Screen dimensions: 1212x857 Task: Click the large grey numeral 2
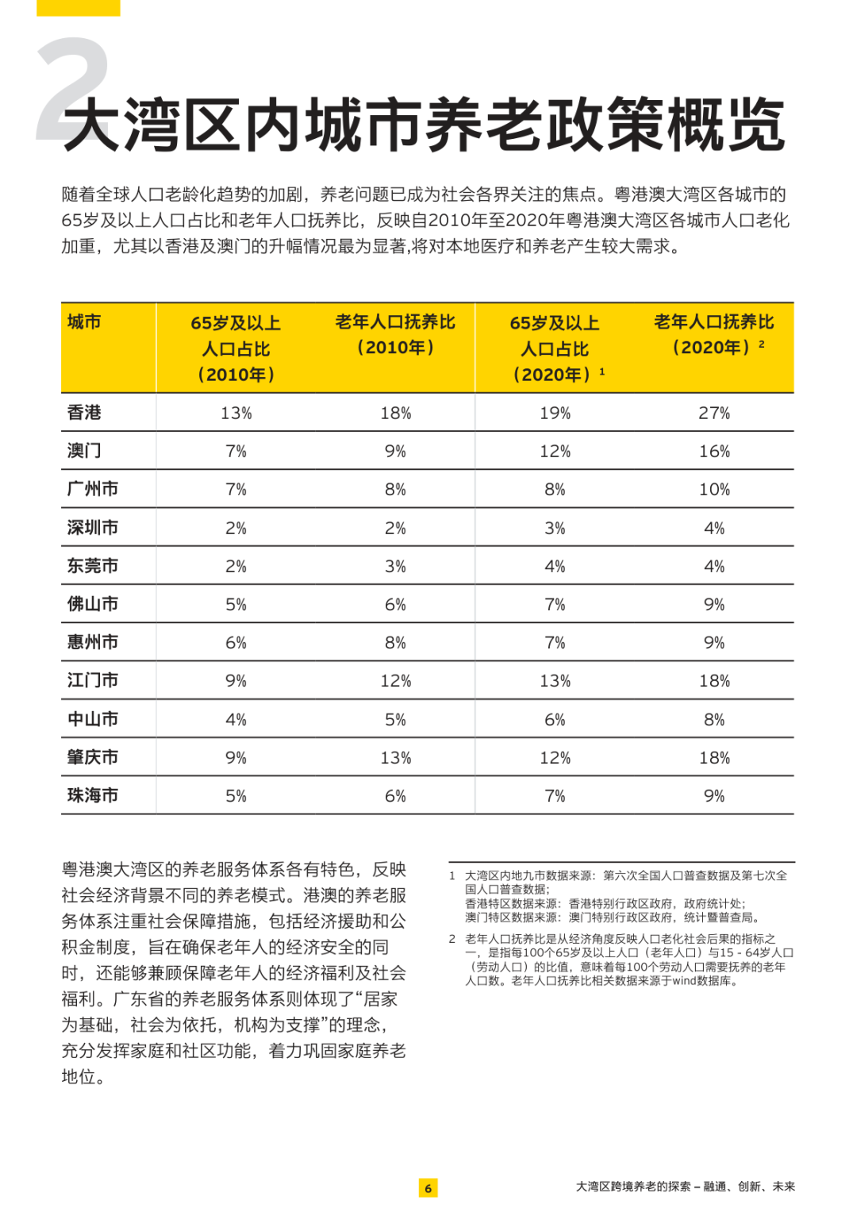[x=73, y=87]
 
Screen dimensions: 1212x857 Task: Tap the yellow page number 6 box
[x=428, y=1187]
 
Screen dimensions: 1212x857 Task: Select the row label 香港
[x=84, y=413]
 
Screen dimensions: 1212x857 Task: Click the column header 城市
[x=84, y=322]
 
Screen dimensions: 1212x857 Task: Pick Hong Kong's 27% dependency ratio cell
[x=714, y=414]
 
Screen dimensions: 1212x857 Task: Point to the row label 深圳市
[x=93, y=528]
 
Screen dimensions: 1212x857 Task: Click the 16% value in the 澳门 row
[x=714, y=452]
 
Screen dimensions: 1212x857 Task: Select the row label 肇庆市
[x=93, y=757]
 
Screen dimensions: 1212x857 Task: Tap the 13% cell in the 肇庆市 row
[x=395, y=758]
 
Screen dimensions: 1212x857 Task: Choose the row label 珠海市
[x=93, y=795]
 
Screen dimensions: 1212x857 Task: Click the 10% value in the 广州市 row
[x=714, y=490]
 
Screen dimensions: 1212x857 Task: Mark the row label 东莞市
[x=93, y=566]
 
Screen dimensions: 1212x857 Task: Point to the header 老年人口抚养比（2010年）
[x=395, y=334]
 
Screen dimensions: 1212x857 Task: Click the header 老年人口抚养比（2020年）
[x=713, y=334]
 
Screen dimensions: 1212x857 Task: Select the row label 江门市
[x=93, y=680]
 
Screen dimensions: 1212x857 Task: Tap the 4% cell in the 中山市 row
[x=236, y=720]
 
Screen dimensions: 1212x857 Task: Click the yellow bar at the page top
[x=78, y=7]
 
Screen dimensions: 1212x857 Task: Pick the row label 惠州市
[x=93, y=642]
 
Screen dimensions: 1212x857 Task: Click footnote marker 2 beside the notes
[x=452, y=939]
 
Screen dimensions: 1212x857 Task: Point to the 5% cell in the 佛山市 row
[x=236, y=605]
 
